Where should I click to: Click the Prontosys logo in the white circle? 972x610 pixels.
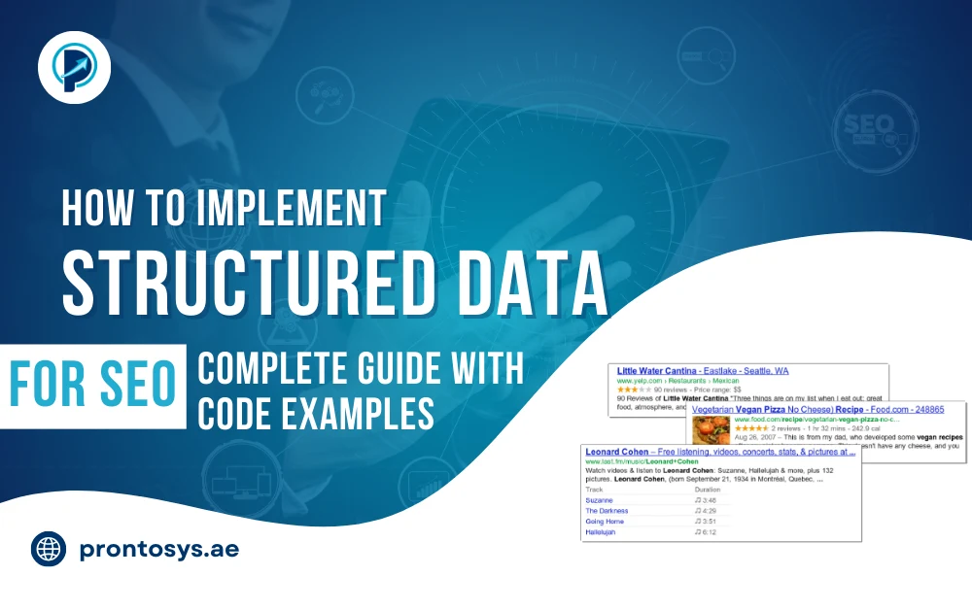click(75, 66)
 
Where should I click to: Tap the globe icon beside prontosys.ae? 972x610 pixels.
click(49, 550)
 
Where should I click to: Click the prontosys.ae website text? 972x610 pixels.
click(158, 550)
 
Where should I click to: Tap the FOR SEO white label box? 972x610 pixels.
click(93, 386)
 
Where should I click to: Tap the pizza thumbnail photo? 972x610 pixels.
click(709, 430)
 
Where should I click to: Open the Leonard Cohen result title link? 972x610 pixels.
click(720, 452)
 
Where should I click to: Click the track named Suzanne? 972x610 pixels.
click(600, 499)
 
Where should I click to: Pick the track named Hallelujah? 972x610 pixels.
click(602, 532)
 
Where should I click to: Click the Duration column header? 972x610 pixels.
click(709, 489)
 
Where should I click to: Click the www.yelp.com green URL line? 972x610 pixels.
click(671, 381)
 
